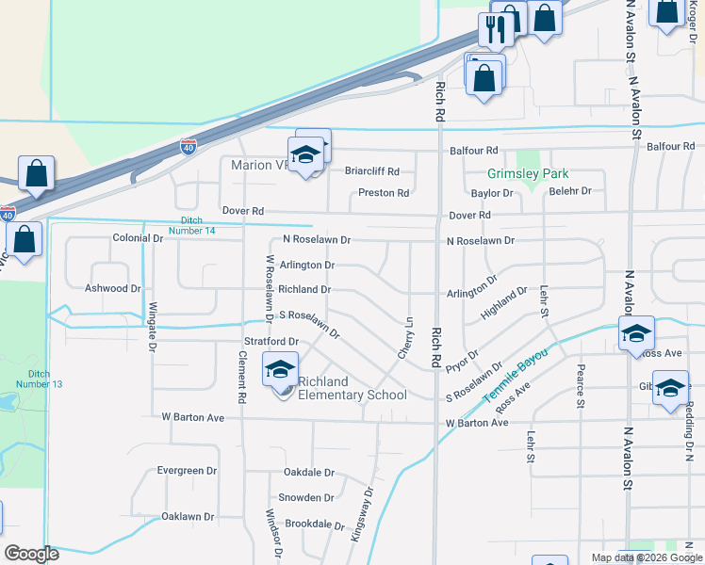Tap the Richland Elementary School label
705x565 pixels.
tap(352, 388)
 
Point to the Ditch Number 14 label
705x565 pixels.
tap(191, 225)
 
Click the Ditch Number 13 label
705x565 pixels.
tap(39, 379)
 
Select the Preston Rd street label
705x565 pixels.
tap(384, 193)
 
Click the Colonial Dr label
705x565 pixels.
tap(138, 239)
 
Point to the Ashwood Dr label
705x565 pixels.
tap(112, 288)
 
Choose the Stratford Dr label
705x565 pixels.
tap(271, 341)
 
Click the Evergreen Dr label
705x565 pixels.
tap(187, 471)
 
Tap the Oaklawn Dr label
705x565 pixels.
tap(188, 517)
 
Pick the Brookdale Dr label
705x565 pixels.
tap(315, 524)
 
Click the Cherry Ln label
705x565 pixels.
tap(405, 336)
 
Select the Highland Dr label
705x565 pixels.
tap(503, 304)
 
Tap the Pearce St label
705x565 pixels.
tap(581, 384)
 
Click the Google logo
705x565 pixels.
tap(32, 554)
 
